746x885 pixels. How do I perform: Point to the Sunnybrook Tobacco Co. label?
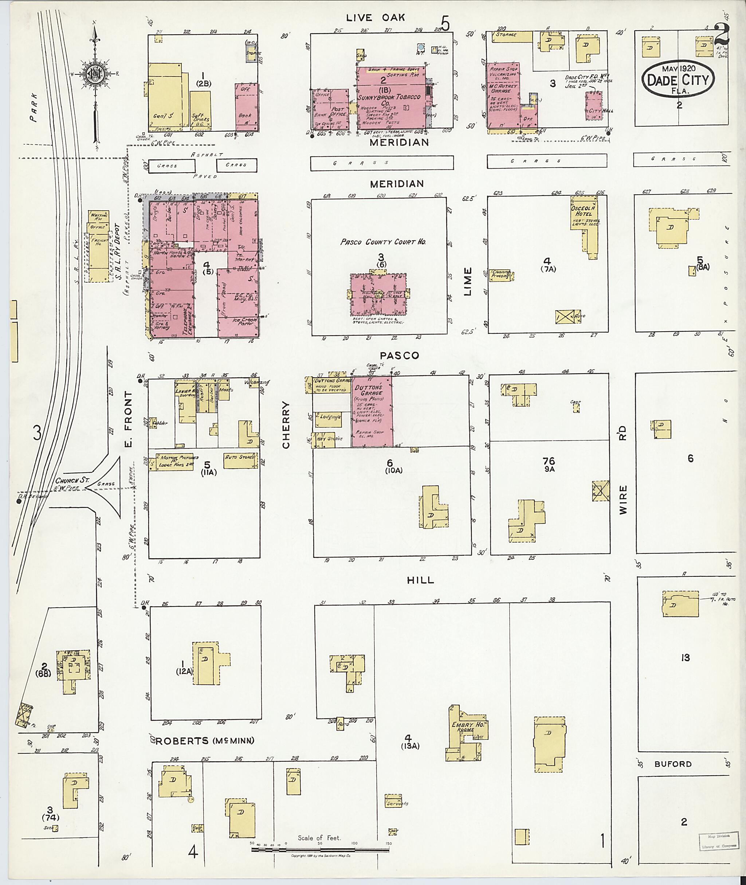389,99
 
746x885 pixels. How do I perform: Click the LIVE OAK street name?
376,17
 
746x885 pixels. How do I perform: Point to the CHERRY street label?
286,425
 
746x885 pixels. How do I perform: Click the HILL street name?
420,580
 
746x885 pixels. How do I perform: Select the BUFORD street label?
673,764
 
